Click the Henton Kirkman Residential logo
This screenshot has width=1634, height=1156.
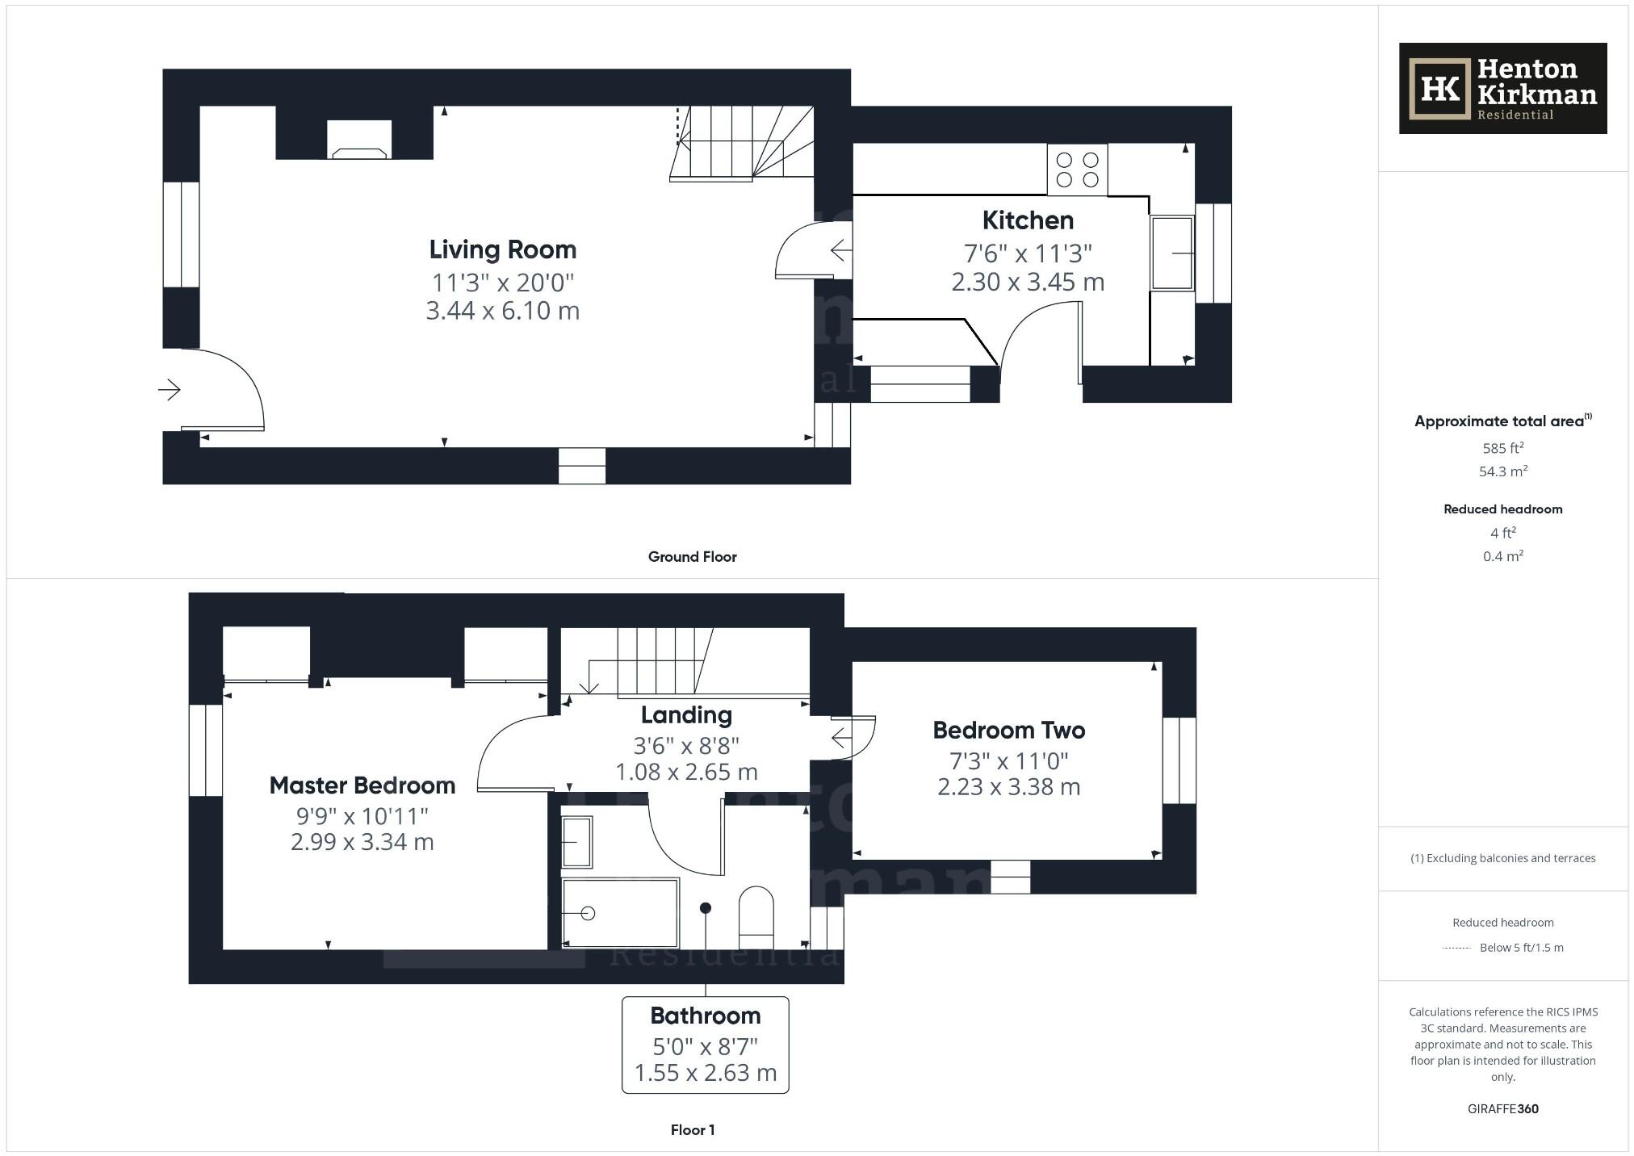point(1502,88)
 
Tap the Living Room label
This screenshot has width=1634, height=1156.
point(502,249)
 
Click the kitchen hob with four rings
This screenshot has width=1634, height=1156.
point(1077,170)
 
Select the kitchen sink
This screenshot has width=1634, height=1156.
point(1171,253)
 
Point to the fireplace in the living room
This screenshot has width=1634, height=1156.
point(359,142)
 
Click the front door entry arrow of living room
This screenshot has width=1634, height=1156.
point(169,390)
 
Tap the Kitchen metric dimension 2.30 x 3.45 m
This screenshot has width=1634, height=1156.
point(1027,282)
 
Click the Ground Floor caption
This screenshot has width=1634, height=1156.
point(692,556)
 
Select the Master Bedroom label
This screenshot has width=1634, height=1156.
point(362,785)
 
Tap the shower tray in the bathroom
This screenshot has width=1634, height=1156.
point(619,913)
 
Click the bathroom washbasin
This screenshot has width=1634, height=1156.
point(576,842)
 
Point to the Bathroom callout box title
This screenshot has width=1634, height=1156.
point(705,1015)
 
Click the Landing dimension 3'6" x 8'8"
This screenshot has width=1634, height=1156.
point(686,745)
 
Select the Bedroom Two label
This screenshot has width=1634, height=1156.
point(1008,730)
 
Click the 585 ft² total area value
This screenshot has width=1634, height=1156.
point(1502,448)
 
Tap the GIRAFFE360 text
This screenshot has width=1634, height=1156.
point(1502,1108)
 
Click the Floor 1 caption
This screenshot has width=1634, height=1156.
point(692,1129)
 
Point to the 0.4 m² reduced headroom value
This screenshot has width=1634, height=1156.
point(1502,556)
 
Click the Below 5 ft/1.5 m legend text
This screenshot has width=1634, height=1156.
point(1521,948)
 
